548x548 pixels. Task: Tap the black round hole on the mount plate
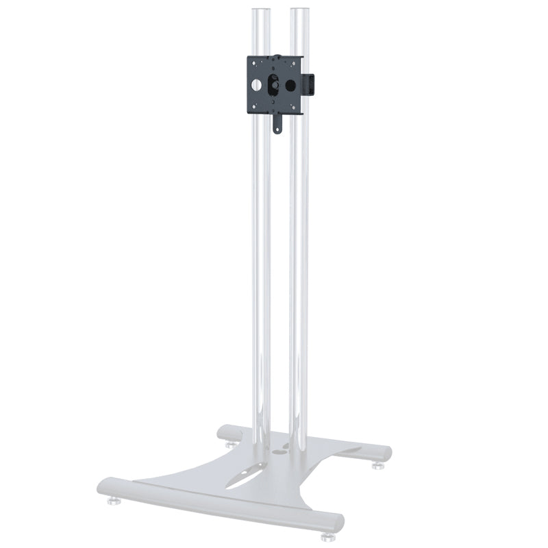290,86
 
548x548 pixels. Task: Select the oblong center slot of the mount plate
274,86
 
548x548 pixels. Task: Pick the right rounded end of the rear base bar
384,453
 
